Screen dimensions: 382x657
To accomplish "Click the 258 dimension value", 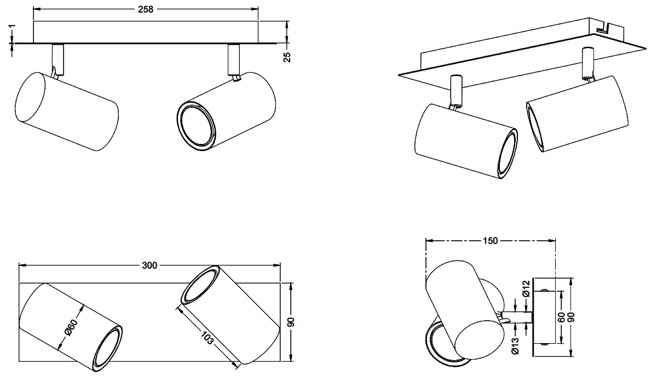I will click(x=146, y=9).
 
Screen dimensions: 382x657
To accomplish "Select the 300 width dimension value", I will click(x=149, y=265).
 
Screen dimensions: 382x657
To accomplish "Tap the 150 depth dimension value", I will click(x=490, y=241).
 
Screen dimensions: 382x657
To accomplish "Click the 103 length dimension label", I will click(x=206, y=342).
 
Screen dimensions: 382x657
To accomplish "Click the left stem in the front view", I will click(x=57, y=58).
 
